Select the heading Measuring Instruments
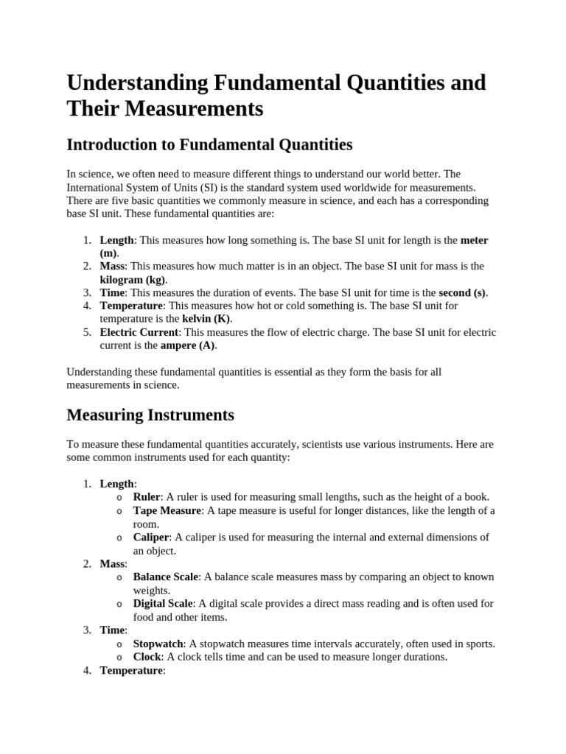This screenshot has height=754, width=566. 150,415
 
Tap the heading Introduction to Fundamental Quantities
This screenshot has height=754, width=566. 209,144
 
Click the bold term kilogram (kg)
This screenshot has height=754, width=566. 133,280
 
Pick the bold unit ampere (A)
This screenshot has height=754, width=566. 189,345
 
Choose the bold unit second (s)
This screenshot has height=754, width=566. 463,292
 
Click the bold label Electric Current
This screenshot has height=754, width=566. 139,332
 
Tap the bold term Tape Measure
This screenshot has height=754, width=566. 167,510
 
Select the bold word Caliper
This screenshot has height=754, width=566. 151,537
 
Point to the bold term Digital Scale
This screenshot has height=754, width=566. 164,603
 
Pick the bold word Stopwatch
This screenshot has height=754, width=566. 158,644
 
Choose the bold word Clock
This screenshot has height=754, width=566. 147,656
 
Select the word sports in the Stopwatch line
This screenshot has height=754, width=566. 478,644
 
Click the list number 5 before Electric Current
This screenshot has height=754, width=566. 87,332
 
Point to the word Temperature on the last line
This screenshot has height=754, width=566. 131,670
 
